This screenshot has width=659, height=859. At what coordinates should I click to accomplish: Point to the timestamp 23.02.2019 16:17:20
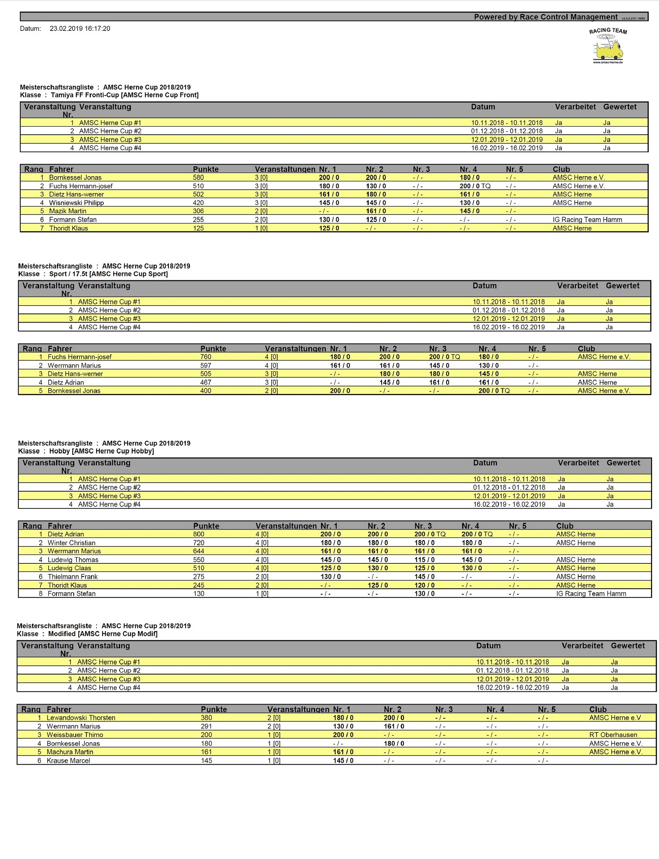[x=80, y=29]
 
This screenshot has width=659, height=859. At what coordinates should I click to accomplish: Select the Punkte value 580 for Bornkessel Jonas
[x=198, y=178]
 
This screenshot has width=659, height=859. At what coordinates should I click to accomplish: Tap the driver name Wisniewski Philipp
[x=76, y=203]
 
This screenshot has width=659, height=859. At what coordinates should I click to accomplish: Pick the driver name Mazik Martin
[x=68, y=211]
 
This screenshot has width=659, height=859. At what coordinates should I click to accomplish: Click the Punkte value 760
[x=205, y=357]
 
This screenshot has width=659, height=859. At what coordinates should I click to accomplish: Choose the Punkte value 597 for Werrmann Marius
[x=205, y=366]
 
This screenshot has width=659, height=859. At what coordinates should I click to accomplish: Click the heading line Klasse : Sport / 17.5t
[x=93, y=274]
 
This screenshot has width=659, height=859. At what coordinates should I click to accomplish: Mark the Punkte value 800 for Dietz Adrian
[x=198, y=534]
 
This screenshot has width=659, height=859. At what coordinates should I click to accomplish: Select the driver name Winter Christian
[x=71, y=543]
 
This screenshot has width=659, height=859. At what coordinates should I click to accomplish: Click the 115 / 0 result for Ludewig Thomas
[x=424, y=560]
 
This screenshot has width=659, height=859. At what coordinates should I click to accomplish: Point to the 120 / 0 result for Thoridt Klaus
[x=424, y=585]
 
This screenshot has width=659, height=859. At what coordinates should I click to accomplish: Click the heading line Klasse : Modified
[x=87, y=634]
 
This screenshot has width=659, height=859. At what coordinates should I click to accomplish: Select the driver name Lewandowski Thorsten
[x=81, y=718]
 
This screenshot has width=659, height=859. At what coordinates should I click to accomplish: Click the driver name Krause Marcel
[x=68, y=760]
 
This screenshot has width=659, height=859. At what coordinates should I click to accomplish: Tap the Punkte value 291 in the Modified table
[x=206, y=726]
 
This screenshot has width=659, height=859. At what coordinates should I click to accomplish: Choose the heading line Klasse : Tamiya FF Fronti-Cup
[x=109, y=95]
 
